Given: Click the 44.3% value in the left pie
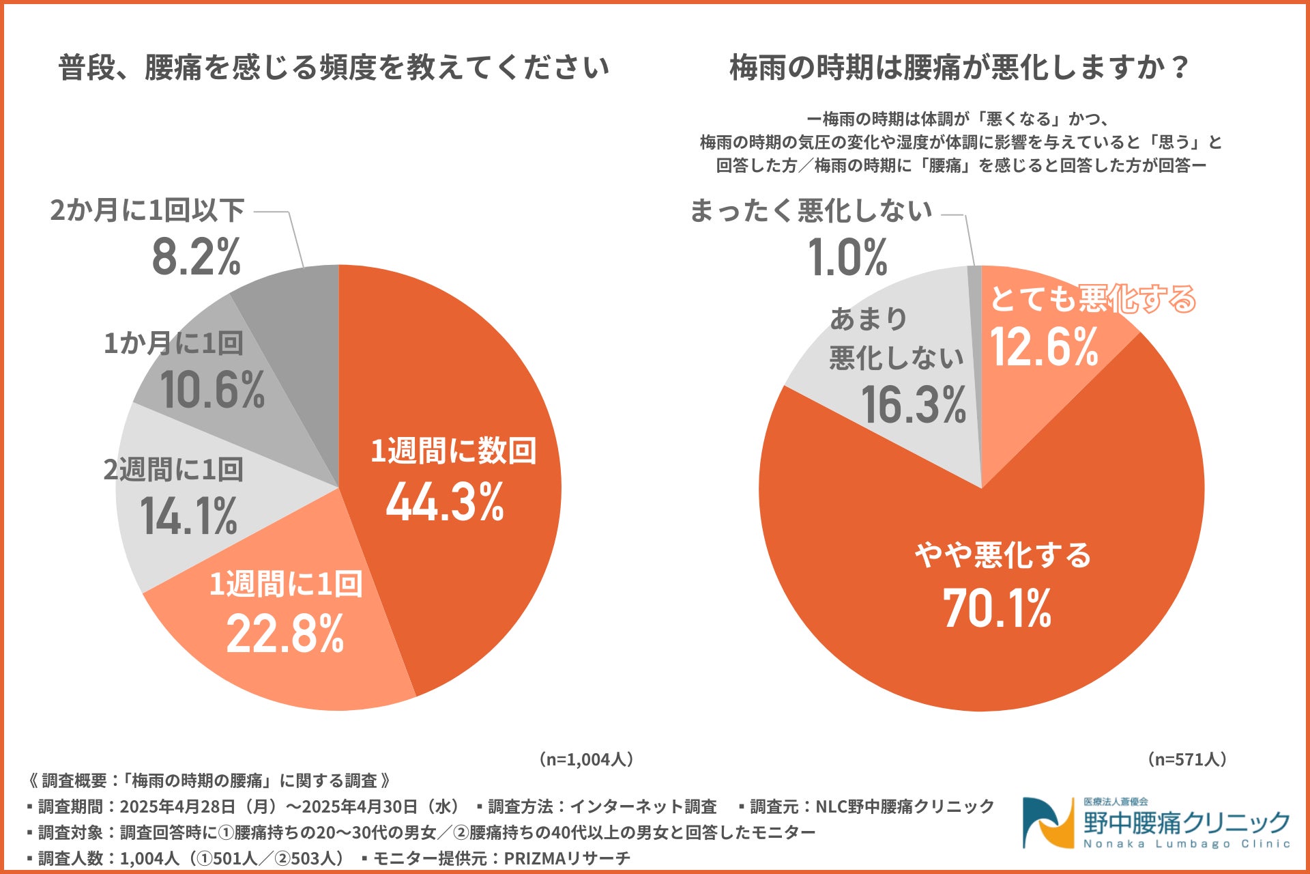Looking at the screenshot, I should [x=445, y=503].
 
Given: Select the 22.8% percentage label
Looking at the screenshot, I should [x=285, y=634].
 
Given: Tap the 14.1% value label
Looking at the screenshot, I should [x=189, y=516].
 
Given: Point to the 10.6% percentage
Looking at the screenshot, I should [x=212, y=391].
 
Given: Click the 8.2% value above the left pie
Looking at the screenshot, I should [x=196, y=257].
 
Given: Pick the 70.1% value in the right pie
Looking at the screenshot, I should [x=997, y=608].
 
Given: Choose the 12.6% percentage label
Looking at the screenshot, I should [x=1044, y=347].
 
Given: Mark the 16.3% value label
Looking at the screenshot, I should [x=914, y=405].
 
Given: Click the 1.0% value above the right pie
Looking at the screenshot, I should [x=847, y=258].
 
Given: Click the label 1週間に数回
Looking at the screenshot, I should [x=454, y=451].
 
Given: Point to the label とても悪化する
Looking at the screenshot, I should [x=1092, y=299].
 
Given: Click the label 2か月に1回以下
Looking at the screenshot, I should [x=147, y=210].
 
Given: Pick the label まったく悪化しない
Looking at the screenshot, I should [x=811, y=210].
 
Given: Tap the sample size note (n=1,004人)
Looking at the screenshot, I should [x=587, y=759].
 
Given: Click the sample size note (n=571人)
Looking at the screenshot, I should [x=1187, y=759].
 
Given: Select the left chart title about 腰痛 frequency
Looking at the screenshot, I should [x=334, y=68].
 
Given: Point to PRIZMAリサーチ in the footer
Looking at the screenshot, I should [x=567, y=858].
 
